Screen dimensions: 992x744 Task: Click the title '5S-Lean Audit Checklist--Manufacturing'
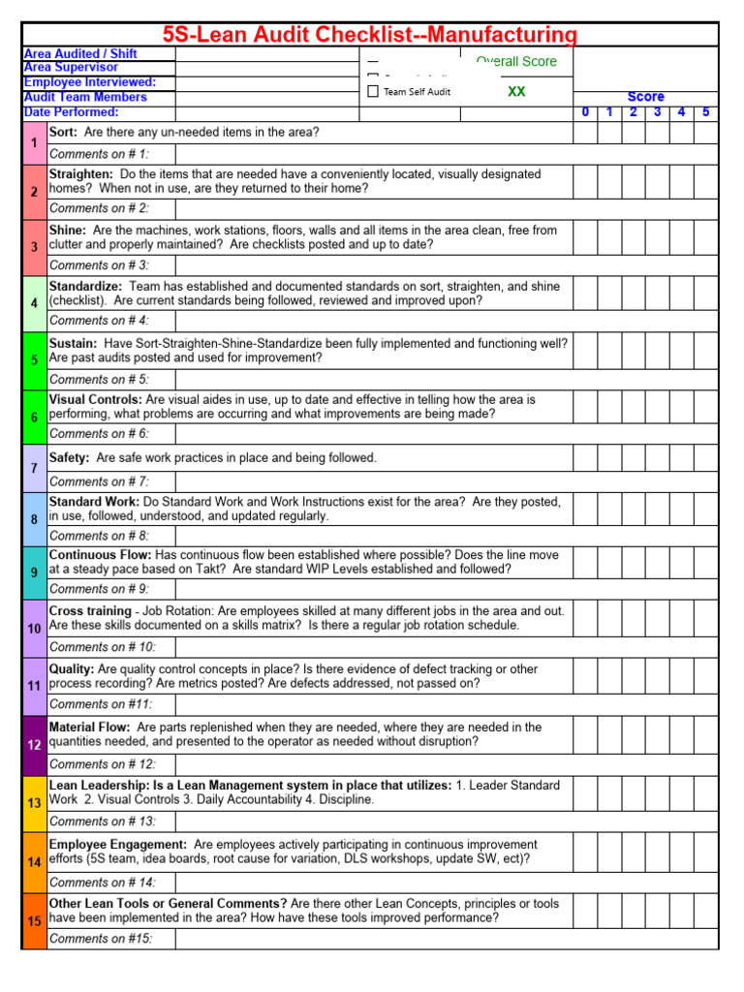click(369, 36)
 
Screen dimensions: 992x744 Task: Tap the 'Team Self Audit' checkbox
click(373, 92)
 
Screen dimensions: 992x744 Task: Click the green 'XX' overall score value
click(516, 91)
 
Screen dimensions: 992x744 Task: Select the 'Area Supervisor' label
click(71, 68)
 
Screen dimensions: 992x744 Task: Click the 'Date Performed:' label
click(71, 112)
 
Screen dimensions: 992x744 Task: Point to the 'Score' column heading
click(645, 97)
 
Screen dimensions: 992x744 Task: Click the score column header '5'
click(706, 112)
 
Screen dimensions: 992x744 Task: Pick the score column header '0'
click(585, 112)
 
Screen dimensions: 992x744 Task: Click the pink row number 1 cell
click(34, 143)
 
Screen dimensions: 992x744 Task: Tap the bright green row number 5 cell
click(34, 359)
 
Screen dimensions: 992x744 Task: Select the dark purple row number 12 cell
click(34, 744)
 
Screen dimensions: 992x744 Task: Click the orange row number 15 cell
click(34, 921)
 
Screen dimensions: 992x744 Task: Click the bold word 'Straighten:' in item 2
click(81, 174)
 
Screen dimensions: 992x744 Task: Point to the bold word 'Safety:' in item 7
click(69, 457)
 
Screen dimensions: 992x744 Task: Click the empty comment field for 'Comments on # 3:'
click(446, 265)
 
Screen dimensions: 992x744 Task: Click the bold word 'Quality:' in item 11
click(72, 668)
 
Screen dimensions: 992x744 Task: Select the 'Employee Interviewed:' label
click(90, 82)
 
